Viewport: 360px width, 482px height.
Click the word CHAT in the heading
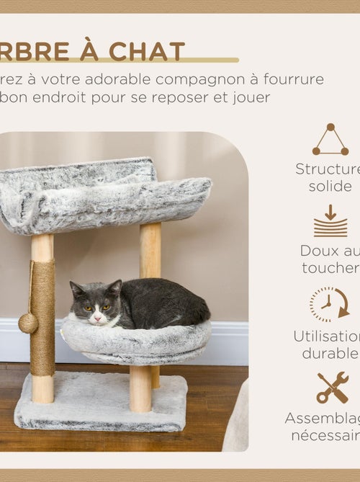point(147,52)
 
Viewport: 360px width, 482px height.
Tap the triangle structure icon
point(330,140)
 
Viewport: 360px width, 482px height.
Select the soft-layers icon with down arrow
point(330,221)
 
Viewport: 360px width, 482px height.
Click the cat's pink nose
point(96,316)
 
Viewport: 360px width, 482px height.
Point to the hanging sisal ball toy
point(28,323)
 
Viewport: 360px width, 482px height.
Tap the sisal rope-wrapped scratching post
point(42,317)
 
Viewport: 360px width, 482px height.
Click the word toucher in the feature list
point(330,268)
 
